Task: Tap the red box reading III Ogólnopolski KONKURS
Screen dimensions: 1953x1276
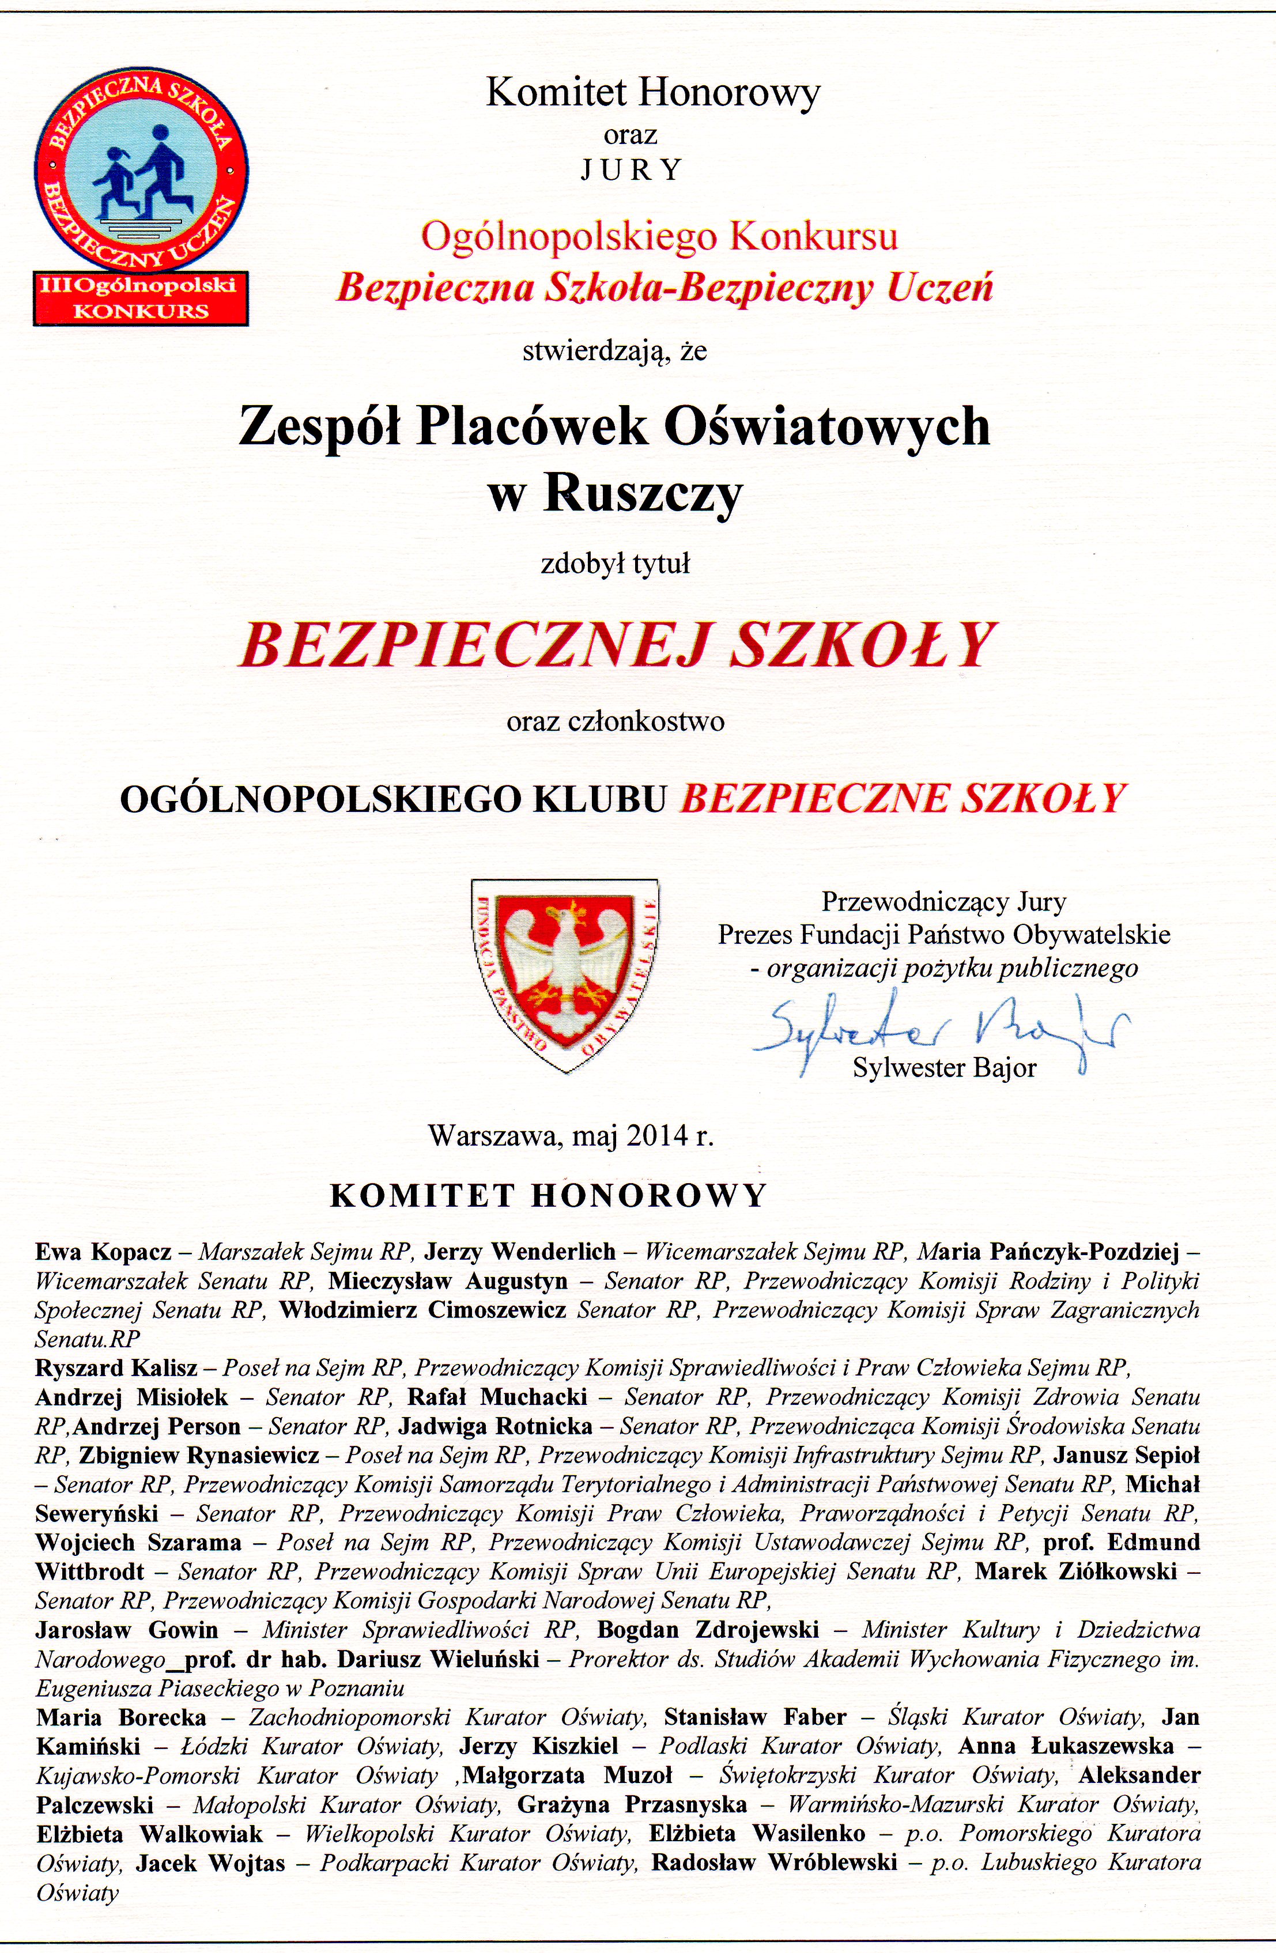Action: coord(141,297)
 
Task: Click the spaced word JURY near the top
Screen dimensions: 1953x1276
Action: coord(631,170)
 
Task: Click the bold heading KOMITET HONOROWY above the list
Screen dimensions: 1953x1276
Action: coord(548,1196)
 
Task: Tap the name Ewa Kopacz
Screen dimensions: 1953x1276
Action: coord(103,1252)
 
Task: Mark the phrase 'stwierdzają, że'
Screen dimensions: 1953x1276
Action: coord(614,352)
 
